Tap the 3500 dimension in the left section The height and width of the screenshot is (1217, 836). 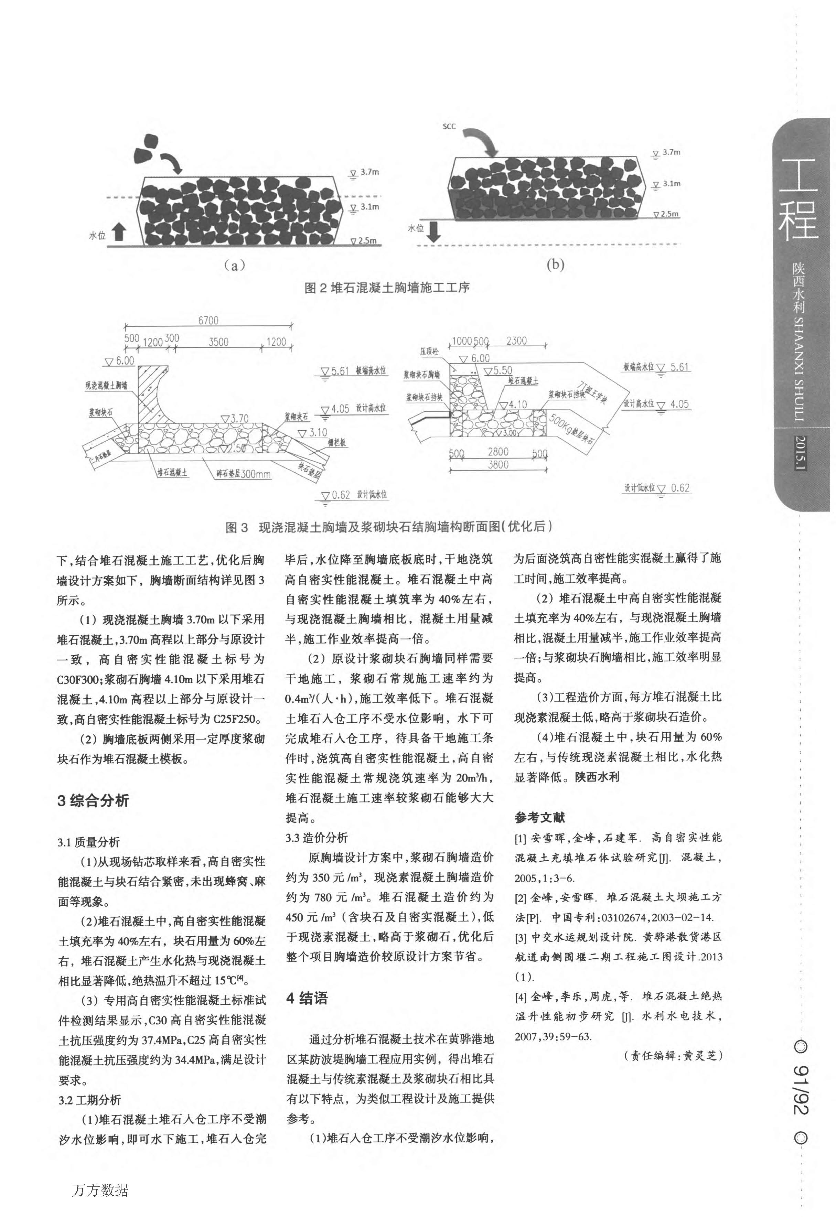pyautogui.click(x=218, y=342)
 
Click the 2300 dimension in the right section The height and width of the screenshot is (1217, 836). pyautogui.click(x=516, y=341)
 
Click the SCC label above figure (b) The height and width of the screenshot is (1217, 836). pyautogui.click(x=449, y=127)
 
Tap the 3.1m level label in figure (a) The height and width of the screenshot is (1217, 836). pyautogui.click(x=369, y=207)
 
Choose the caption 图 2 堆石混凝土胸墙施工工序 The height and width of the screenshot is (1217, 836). pyautogui.click(x=387, y=288)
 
